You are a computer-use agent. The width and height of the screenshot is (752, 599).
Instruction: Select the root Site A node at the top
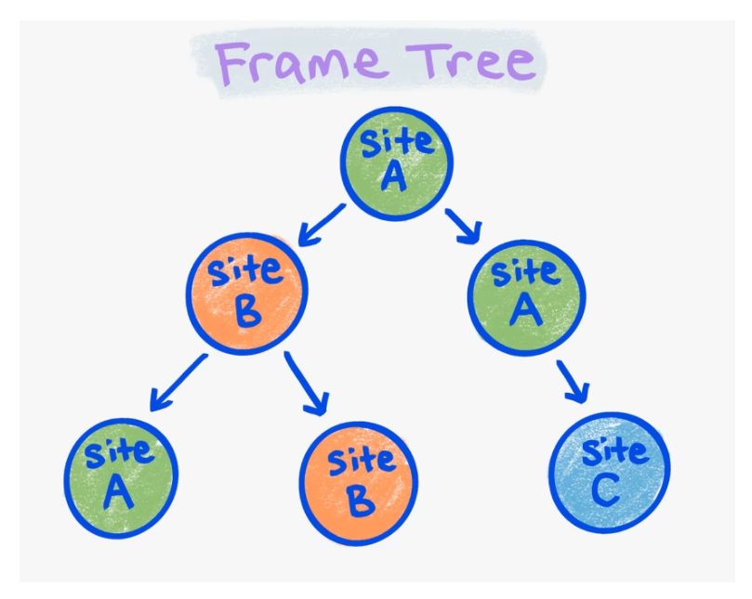(x=396, y=162)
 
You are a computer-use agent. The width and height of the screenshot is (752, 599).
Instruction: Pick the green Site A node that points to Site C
(x=525, y=298)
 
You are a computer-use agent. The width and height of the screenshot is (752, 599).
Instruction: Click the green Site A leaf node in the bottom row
(x=120, y=479)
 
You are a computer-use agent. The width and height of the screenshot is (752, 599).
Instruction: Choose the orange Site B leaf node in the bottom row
(x=359, y=483)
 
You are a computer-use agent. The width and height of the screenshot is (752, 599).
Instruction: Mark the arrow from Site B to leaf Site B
(x=308, y=383)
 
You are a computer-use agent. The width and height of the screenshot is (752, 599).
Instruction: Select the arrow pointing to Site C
(x=573, y=382)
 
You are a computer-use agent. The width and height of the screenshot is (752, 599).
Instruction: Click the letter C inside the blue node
(x=606, y=489)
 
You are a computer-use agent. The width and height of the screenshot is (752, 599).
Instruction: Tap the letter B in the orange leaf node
(x=360, y=501)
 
